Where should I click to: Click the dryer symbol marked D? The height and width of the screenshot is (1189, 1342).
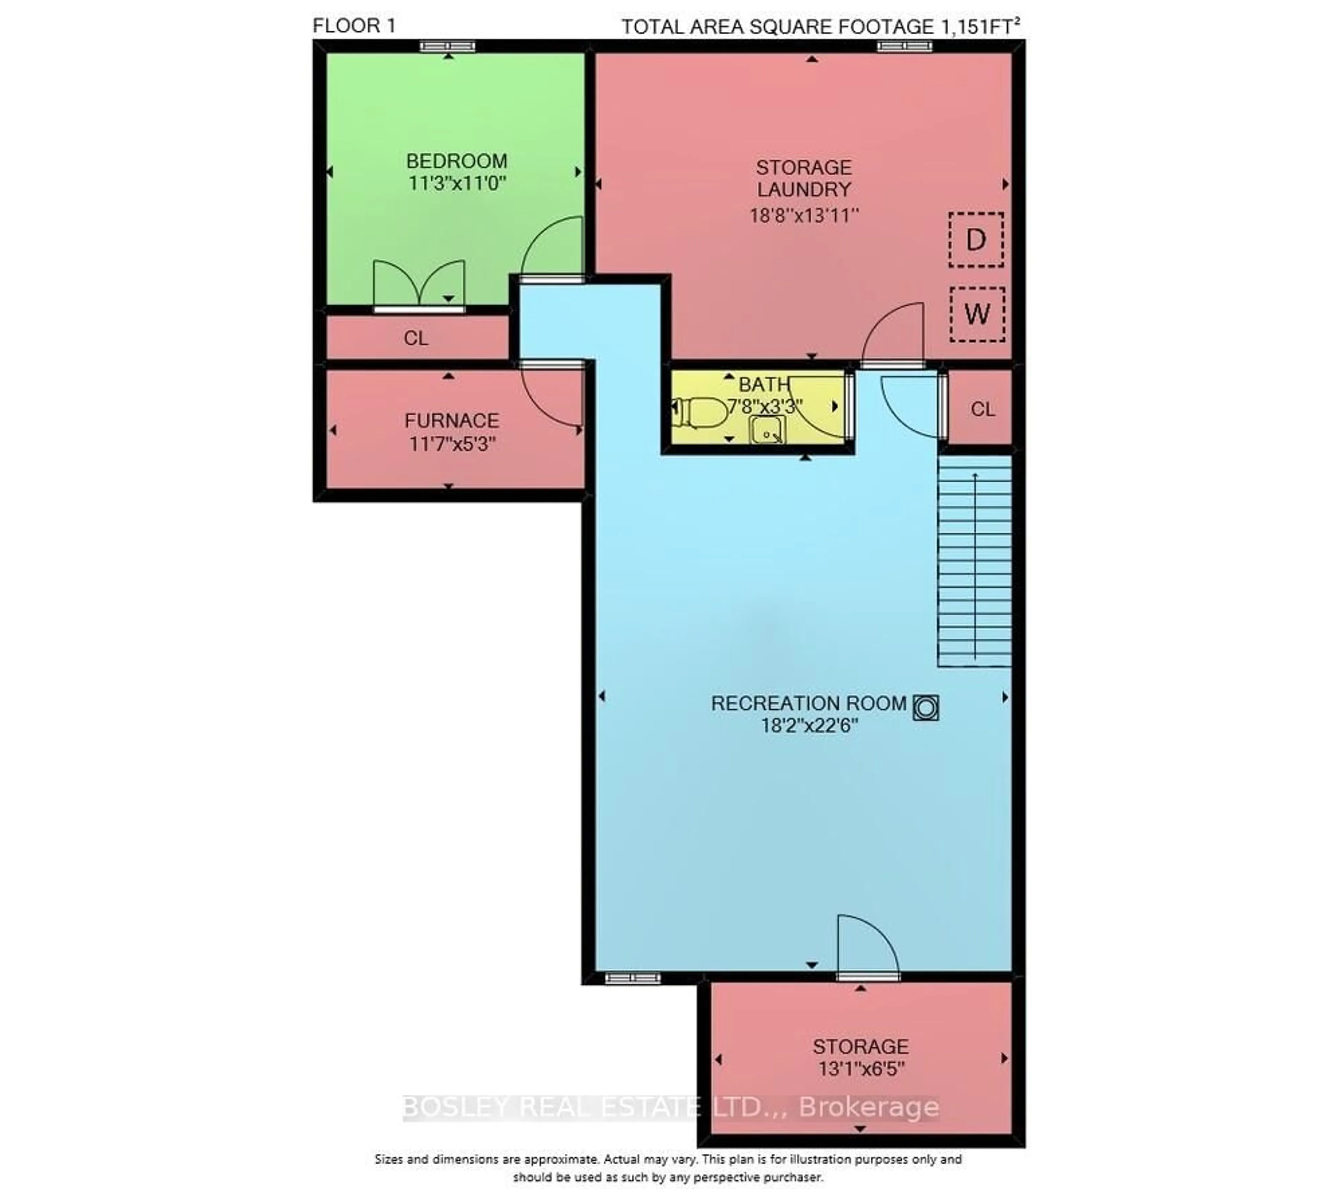coord(976,240)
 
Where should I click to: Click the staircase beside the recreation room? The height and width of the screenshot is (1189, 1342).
coord(974,561)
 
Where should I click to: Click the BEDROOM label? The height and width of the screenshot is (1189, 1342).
coord(456,161)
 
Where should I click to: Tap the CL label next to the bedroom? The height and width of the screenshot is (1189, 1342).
coord(416,338)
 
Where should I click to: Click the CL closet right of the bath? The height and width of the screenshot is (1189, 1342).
coord(982,409)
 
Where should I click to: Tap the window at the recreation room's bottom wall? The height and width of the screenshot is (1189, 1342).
coord(632,978)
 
